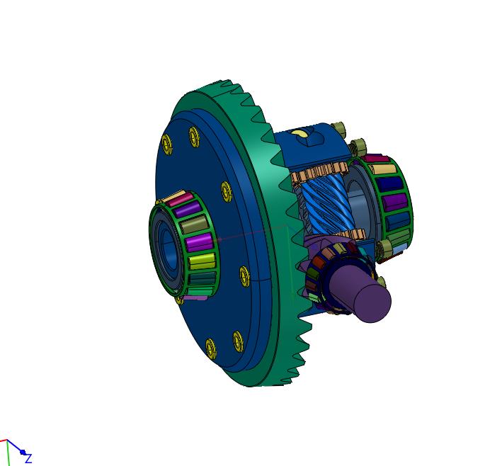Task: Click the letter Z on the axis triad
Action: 28,459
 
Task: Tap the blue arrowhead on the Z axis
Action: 22,452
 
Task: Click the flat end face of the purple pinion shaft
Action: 373,302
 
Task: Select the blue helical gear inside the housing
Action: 326,205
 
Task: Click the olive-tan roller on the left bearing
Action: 194,224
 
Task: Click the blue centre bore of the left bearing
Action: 168,247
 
